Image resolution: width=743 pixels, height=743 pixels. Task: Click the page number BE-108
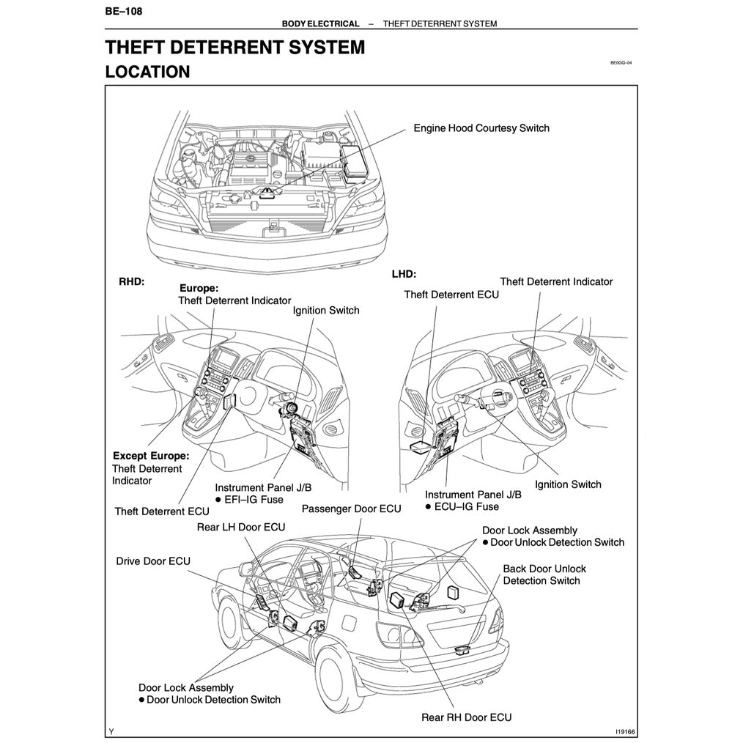coord(122,11)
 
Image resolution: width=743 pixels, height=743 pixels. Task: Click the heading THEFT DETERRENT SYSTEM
coord(234,48)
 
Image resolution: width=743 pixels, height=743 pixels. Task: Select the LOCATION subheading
coord(147,72)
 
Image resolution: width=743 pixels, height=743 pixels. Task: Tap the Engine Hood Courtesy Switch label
coord(481,128)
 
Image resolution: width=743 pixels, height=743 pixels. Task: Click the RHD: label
coord(131,281)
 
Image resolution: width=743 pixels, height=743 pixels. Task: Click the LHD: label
coord(404,274)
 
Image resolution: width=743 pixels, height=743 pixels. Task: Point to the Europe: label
coord(199,289)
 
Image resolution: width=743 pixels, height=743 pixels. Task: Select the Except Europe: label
coord(150,456)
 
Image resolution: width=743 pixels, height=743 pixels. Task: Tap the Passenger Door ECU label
coord(351,509)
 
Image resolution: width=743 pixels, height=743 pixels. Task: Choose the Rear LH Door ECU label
coord(241,527)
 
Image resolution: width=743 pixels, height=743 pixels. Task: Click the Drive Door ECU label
coord(153,561)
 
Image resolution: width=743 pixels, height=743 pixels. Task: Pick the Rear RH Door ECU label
coord(466,717)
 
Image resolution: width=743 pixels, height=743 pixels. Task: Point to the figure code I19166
coord(625,731)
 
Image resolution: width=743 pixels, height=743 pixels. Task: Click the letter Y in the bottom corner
coord(111,731)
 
